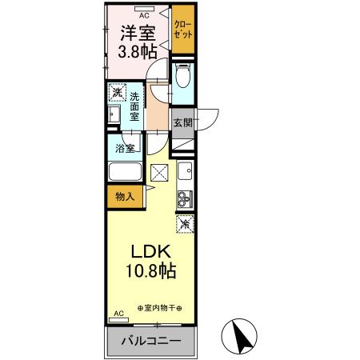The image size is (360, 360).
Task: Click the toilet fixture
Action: (182, 78)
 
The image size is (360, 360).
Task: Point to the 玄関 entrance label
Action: (182, 123)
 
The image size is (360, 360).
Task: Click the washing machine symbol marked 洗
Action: (116, 93)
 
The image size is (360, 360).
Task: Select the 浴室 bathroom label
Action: (124, 147)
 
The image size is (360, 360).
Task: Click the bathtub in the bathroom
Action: (124, 174)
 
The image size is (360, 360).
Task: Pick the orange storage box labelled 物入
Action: (124, 195)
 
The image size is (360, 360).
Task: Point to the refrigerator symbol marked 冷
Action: (184, 225)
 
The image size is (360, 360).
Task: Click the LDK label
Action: (147, 250)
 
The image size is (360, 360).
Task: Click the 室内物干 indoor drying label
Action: (159, 308)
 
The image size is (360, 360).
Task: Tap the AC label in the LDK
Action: (119, 314)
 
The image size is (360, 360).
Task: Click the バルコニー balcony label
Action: (150, 342)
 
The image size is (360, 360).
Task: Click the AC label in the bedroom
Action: (144, 14)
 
